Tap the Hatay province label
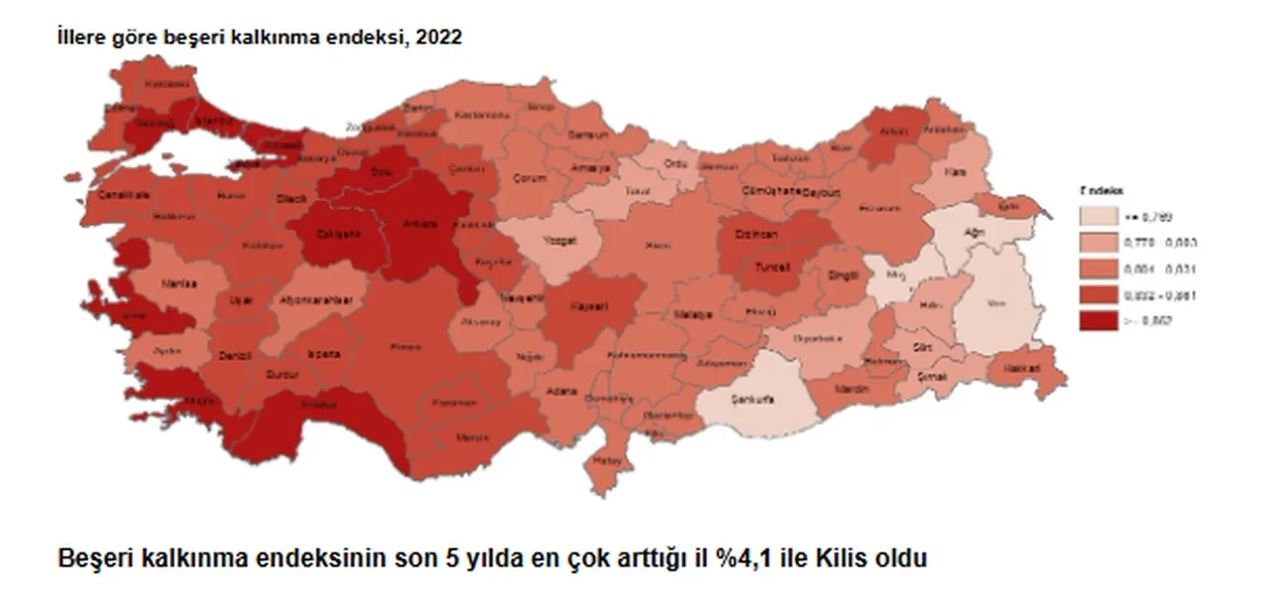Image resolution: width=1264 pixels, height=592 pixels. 602,460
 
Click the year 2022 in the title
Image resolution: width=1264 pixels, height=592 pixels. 442,37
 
